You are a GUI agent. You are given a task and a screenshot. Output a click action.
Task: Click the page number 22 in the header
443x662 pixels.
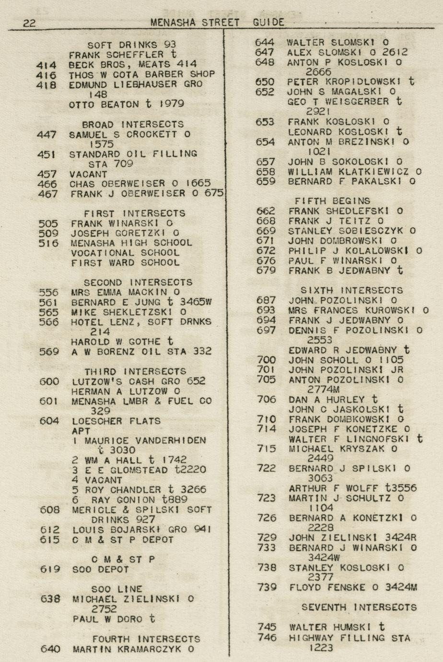coord(29,23)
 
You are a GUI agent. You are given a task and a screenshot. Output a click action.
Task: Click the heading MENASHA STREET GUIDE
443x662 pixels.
coord(217,22)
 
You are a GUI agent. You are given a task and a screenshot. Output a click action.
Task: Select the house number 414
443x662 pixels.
coord(47,65)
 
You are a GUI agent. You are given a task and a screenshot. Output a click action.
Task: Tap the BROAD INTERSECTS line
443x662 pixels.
coord(133,124)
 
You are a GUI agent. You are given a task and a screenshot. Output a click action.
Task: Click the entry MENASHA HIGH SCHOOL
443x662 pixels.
coord(131,243)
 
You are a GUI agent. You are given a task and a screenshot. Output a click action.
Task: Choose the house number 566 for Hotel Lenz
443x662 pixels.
coord(48,322)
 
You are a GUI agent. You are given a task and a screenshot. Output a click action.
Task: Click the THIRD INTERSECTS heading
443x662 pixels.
coord(135,372)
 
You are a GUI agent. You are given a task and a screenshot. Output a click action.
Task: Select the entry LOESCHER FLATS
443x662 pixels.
coord(116,421)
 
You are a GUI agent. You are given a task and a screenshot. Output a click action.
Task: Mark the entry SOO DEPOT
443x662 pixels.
coord(100,569)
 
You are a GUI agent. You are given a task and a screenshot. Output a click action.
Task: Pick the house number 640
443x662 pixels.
coord(50,649)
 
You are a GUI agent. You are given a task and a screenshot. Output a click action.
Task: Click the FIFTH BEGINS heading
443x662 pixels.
coord(332,201)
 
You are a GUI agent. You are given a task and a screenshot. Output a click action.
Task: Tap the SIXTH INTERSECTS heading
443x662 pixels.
coord(352,290)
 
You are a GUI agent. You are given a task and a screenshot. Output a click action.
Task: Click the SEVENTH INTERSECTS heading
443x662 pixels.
coord(359,607)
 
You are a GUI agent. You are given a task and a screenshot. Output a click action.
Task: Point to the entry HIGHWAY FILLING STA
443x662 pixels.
coord(350,638)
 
